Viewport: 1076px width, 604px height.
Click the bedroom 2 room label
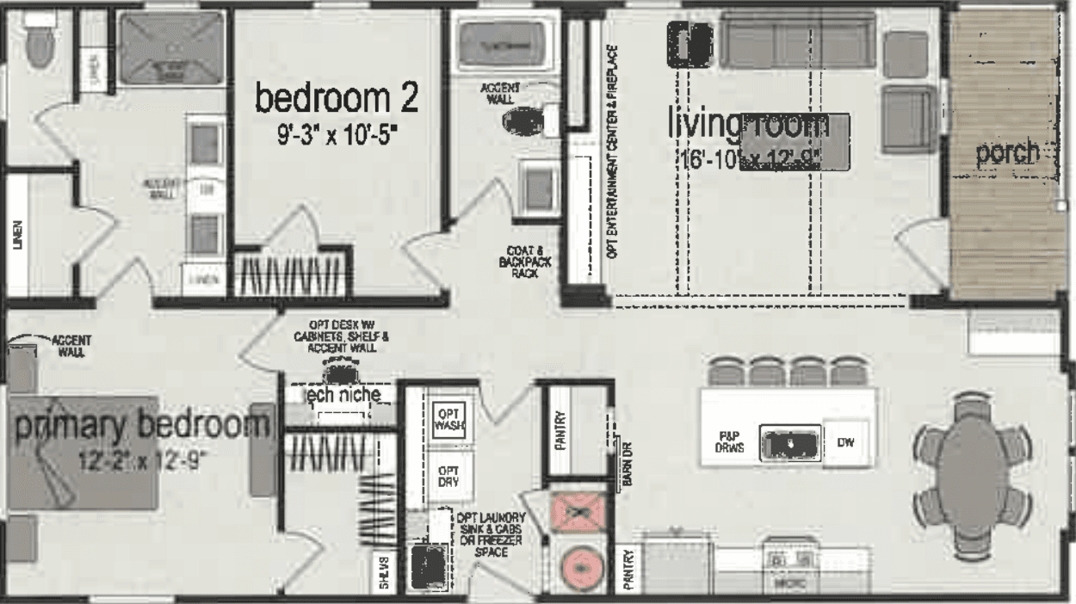[x=337, y=99]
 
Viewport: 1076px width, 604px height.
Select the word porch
[x=1006, y=153]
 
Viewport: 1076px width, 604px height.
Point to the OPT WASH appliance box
[x=449, y=419]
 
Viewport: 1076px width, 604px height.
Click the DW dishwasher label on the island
[x=845, y=444]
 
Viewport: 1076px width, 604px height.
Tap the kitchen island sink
[x=787, y=444]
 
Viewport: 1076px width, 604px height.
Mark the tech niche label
[x=343, y=394]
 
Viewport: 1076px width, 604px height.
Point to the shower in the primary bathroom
[x=171, y=47]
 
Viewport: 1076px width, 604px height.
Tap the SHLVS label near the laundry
[x=385, y=574]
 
